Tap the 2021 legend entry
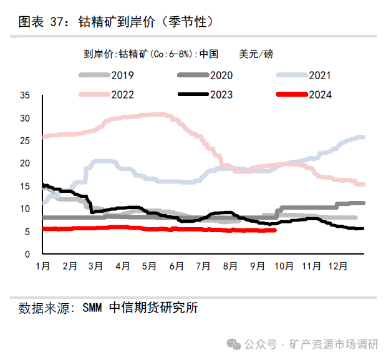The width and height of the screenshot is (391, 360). point(319,75)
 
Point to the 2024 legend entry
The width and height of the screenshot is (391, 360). point(319,95)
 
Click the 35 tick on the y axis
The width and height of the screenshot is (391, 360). point(26,95)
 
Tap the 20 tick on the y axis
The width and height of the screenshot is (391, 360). point(26,163)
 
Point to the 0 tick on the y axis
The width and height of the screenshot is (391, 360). point(28,255)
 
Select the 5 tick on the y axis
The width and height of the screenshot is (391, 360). point(28,232)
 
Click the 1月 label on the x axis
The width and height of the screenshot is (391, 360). point(43,266)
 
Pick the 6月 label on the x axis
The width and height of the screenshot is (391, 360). point(176,266)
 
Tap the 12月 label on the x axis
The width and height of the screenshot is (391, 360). point(337,266)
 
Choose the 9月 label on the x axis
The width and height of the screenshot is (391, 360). point(257,266)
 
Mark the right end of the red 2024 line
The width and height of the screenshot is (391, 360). point(275,230)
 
